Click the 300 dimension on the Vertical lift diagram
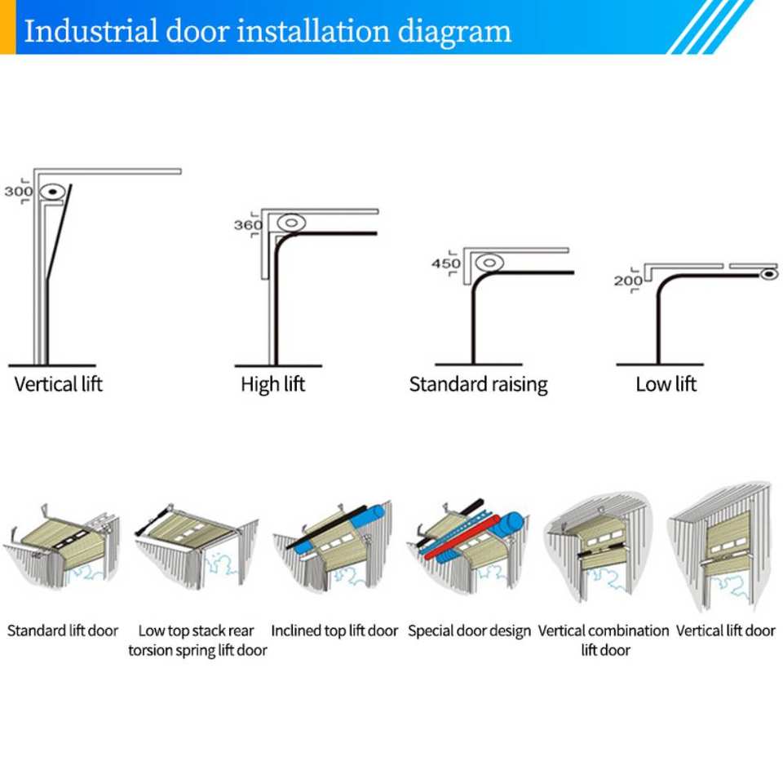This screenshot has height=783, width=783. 17,192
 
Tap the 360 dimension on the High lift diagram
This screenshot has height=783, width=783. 248,225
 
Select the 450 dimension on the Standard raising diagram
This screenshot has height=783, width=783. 445,264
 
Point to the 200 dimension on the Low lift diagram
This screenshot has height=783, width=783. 628,281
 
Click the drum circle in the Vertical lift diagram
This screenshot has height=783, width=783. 52,193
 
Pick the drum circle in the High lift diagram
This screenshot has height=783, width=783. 290,222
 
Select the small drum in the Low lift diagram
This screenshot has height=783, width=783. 768,274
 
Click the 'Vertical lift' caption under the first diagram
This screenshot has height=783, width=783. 59,383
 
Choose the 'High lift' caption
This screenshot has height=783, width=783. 272,383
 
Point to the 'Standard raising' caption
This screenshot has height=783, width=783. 478,384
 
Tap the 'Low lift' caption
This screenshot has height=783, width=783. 666,383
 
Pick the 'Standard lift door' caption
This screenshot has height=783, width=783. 63,630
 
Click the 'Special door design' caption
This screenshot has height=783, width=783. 469,630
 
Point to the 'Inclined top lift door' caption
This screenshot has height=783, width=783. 334,630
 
